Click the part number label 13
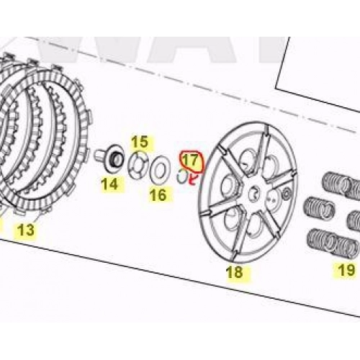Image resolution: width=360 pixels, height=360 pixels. (x=26, y=230)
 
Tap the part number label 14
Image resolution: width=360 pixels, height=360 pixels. (x=109, y=184)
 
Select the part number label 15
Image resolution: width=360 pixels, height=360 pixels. (x=140, y=142)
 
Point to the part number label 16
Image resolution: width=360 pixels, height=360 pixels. (x=158, y=194)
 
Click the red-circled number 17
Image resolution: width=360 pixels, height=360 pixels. (x=191, y=160)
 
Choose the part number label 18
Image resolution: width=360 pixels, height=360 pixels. (x=235, y=272)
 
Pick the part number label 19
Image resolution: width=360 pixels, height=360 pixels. (x=346, y=270)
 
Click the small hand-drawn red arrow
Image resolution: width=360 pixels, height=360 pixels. (x=192, y=180)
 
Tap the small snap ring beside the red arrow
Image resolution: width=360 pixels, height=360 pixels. (x=182, y=176)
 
